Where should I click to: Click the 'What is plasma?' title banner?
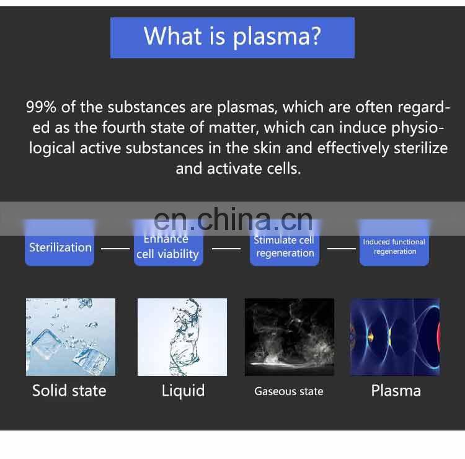point(232,37)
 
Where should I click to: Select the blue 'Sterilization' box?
point(60,247)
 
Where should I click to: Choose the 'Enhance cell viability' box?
point(167,247)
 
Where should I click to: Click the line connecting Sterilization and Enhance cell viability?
point(115,249)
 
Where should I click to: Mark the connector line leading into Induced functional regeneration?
point(342,249)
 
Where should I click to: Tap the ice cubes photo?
point(71,337)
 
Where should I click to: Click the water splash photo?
point(182,337)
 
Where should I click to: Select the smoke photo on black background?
point(290,337)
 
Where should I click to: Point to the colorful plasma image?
point(395,337)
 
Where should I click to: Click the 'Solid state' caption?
point(69,391)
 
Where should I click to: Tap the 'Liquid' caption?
point(183,391)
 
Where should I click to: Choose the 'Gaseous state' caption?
point(289,391)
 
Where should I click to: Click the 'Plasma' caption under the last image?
point(396,391)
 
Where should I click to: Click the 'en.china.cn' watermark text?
point(232,219)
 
